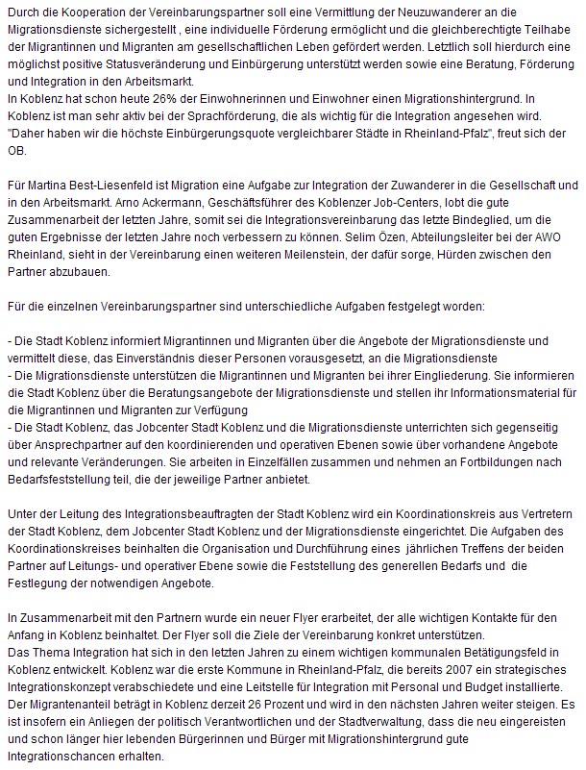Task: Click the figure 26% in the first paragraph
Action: click(x=157, y=98)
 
